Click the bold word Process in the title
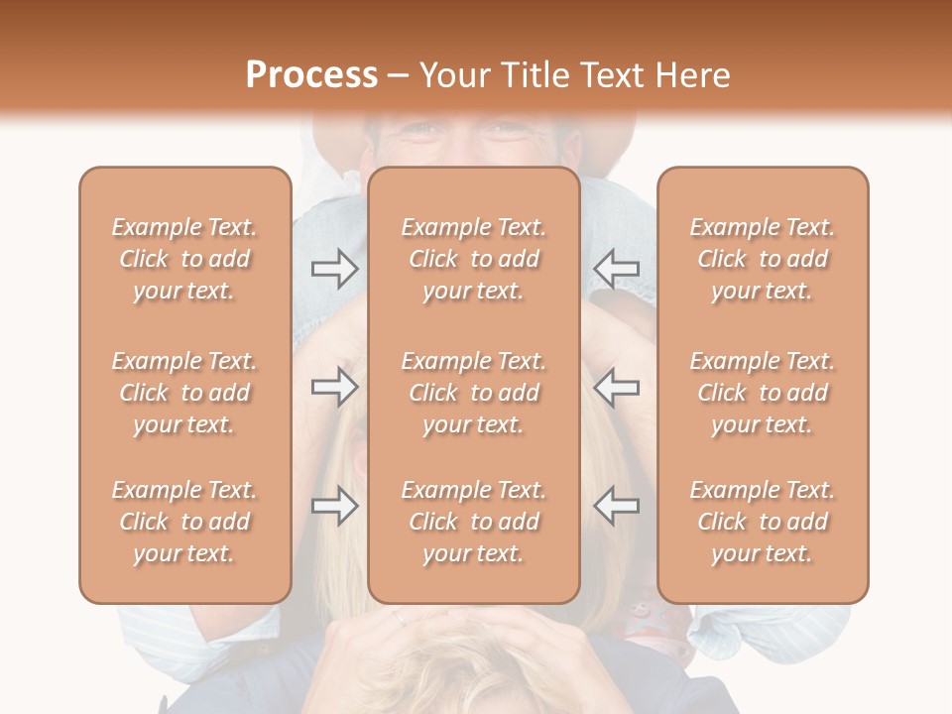point(311,75)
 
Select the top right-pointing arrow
point(334,268)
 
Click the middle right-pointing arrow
point(334,387)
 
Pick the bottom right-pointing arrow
point(334,506)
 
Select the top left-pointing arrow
point(616,268)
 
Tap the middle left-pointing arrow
point(616,387)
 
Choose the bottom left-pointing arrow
point(616,506)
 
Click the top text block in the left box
point(184,259)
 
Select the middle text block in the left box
point(184,393)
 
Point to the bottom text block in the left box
point(184,522)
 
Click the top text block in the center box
point(474,259)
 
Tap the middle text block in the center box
point(474,393)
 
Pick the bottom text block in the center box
point(474,522)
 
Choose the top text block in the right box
point(763,259)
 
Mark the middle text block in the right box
point(763,393)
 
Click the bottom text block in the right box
point(763,522)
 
